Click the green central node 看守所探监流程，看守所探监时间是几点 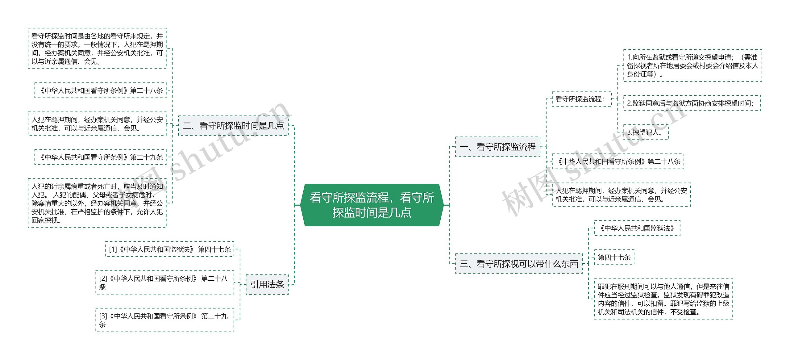372,205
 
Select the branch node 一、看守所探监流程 497,147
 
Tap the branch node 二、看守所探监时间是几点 233,126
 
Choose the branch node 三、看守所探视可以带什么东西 519,264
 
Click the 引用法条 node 267,284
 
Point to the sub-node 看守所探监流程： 581,99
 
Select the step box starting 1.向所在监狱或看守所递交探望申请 692,65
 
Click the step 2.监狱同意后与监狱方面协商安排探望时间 692,103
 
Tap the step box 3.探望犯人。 646,132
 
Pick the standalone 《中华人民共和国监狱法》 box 637,228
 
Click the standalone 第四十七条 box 614,257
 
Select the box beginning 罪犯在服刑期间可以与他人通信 663,299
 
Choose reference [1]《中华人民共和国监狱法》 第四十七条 169,249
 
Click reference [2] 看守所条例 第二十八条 164,283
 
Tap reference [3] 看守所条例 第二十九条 164,320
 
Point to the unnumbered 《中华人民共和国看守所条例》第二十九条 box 100,157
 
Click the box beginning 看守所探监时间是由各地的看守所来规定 97,48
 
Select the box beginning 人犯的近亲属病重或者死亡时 97,203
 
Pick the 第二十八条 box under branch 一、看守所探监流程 618,161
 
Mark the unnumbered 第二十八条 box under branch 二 100,90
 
